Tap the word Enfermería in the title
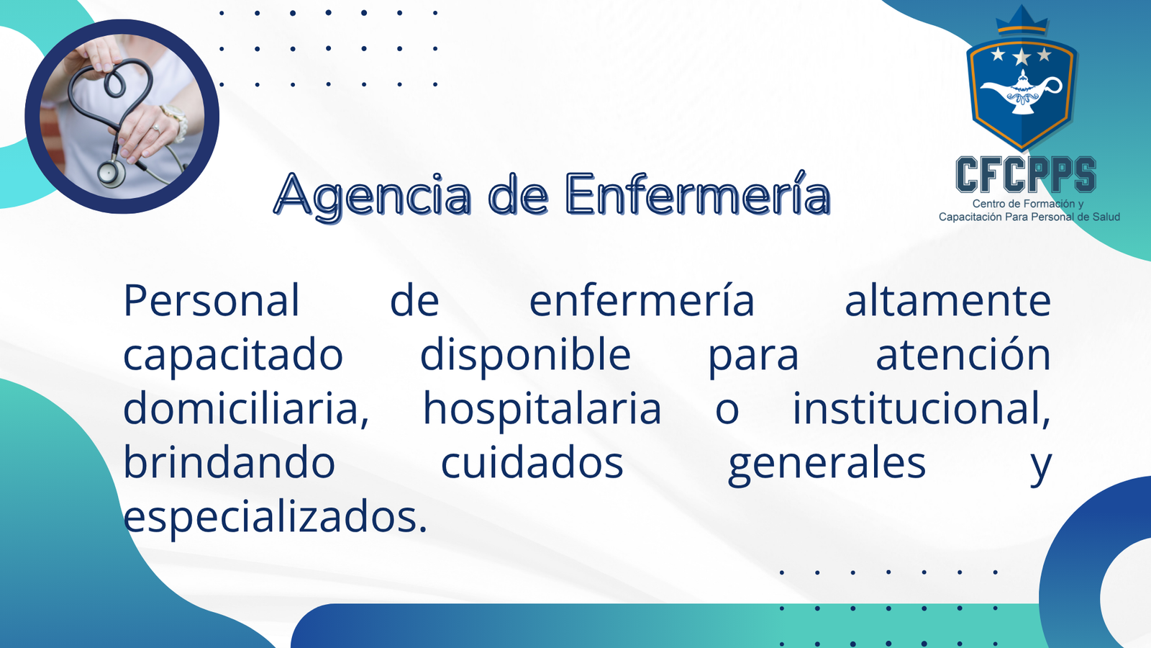698,194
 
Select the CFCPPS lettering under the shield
1026,175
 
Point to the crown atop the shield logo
1022,22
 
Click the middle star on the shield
1022,56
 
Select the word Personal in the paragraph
211,300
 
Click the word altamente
947,300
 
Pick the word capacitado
233,356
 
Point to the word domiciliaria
246,408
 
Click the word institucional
922,408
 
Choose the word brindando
229,462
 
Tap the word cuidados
532,462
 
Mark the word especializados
276,518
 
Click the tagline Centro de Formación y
1027,204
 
